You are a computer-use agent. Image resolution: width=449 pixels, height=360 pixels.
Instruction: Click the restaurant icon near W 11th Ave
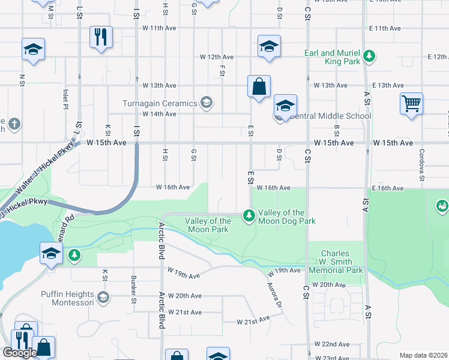[x=101, y=37]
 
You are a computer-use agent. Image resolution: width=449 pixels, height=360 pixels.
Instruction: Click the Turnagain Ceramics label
[x=160, y=103]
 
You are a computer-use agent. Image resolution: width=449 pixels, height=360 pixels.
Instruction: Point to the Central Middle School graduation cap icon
[x=285, y=106]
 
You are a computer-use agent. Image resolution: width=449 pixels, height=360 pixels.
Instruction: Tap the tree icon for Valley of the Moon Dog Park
[x=248, y=215]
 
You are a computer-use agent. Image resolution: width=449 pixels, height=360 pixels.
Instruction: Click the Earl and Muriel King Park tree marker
[x=370, y=57]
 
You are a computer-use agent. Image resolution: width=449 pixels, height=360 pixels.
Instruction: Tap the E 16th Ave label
[x=387, y=188]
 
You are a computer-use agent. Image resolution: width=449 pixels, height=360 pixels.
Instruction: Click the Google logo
[x=19, y=353]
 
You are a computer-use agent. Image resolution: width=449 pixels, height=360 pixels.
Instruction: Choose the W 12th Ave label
[x=217, y=57]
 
